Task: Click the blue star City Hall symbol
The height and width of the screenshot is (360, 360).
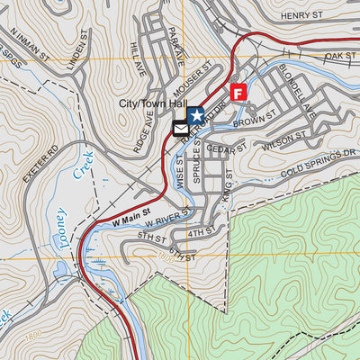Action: click(195, 114)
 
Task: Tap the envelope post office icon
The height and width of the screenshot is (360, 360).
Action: click(181, 128)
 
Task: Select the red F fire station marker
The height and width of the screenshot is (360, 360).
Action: click(238, 92)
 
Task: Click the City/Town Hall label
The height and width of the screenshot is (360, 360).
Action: click(154, 103)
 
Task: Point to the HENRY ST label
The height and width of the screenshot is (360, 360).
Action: click(301, 15)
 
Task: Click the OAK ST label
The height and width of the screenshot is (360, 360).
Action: click(339, 57)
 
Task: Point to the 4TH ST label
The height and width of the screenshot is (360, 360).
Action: click(198, 234)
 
